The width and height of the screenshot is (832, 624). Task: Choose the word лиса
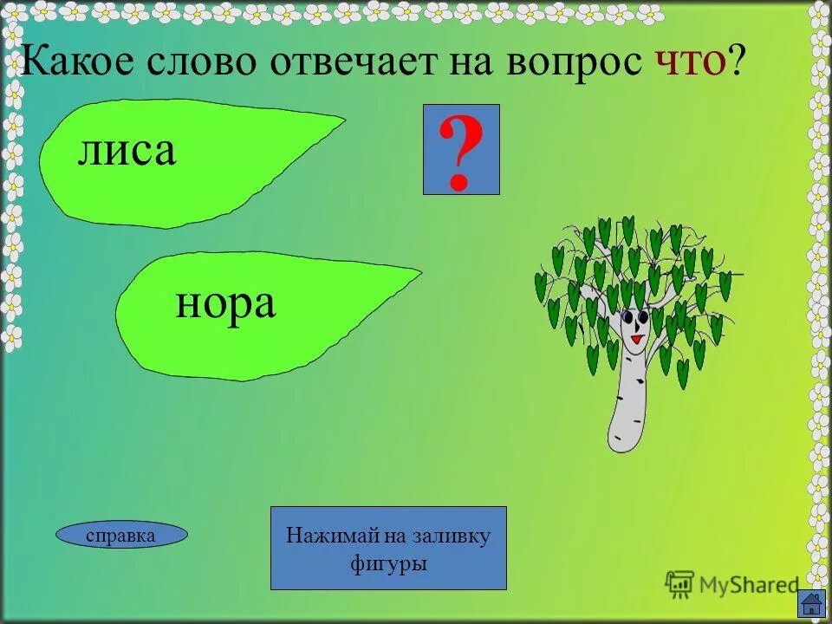[x=127, y=151]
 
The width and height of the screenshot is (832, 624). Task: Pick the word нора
[x=225, y=303]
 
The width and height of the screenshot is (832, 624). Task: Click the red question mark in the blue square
[x=460, y=153]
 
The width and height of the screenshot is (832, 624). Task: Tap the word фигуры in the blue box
[x=388, y=563]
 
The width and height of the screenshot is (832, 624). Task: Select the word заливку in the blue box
[x=455, y=535]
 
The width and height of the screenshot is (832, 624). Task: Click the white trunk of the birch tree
[x=628, y=407]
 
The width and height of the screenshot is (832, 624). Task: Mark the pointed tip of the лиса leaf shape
[x=343, y=122]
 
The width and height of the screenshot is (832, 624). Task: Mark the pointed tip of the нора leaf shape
[x=419, y=275]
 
